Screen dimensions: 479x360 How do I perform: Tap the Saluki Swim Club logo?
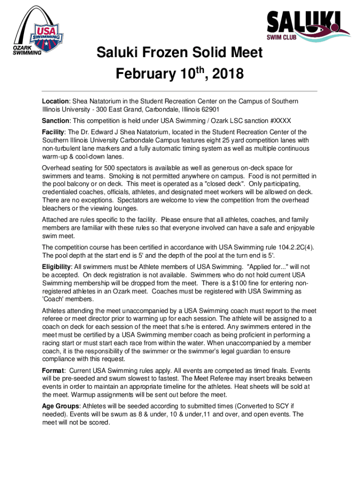[x=303, y=26]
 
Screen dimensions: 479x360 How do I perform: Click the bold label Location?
[x=56, y=102]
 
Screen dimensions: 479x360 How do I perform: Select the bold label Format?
[x=54, y=370]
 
